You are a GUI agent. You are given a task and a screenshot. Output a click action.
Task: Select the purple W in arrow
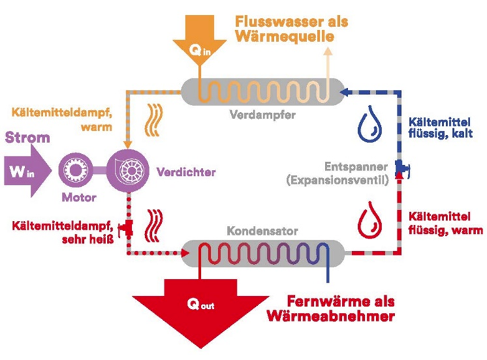coord(26,169)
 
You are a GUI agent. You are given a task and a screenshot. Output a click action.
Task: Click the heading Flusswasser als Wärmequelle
coord(292,28)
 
